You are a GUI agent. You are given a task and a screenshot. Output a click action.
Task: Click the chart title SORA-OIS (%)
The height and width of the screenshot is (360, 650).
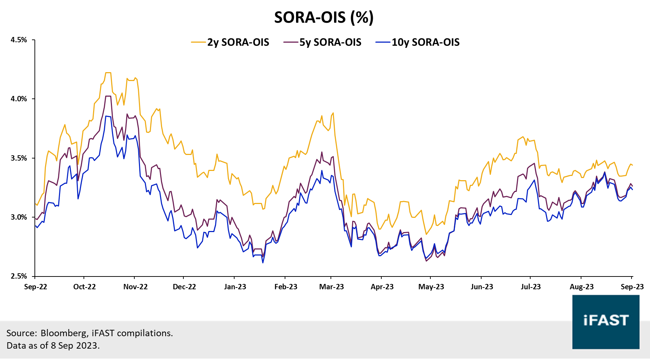(324, 17)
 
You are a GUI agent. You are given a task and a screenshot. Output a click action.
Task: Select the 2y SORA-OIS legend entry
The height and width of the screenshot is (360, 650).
(238, 42)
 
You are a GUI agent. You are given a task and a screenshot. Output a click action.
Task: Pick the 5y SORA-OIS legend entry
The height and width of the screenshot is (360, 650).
(330, 42)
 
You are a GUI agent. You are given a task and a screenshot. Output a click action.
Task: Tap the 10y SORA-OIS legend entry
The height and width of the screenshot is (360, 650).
(425, 42)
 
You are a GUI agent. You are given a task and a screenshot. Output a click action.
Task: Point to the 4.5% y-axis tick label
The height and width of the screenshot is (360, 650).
(18, 40)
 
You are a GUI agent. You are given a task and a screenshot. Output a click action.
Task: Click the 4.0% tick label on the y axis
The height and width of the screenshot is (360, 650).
(18, 99)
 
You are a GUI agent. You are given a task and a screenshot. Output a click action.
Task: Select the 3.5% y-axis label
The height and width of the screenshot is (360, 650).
(18, 158)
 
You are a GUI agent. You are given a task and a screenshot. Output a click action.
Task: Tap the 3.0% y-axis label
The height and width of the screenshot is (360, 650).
(18, 217)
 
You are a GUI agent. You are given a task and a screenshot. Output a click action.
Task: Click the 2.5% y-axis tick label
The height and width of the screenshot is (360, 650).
(18, 276)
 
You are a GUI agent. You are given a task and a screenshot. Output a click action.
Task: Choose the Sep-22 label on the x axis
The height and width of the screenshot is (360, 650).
(36, 287)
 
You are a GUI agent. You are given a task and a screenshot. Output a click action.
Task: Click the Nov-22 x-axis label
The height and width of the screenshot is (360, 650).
(135, 287)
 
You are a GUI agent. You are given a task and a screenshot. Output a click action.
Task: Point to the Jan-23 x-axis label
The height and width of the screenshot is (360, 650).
(235, 287)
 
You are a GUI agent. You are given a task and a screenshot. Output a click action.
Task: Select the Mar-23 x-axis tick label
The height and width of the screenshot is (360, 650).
(332, 287)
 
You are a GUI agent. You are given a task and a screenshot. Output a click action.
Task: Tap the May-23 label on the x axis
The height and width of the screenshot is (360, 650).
(431, 287)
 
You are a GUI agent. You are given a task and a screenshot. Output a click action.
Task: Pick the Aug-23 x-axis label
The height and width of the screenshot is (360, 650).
(581, 287)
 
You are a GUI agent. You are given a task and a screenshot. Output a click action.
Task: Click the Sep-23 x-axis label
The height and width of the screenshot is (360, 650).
(632, 287)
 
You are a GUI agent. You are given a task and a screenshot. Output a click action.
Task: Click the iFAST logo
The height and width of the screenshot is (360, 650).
(606, 322)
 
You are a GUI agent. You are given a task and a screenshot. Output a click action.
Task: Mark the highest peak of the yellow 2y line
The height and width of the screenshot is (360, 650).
(108, 72)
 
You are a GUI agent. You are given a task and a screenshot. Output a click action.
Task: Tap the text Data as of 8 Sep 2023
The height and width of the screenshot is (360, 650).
(53, 345)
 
